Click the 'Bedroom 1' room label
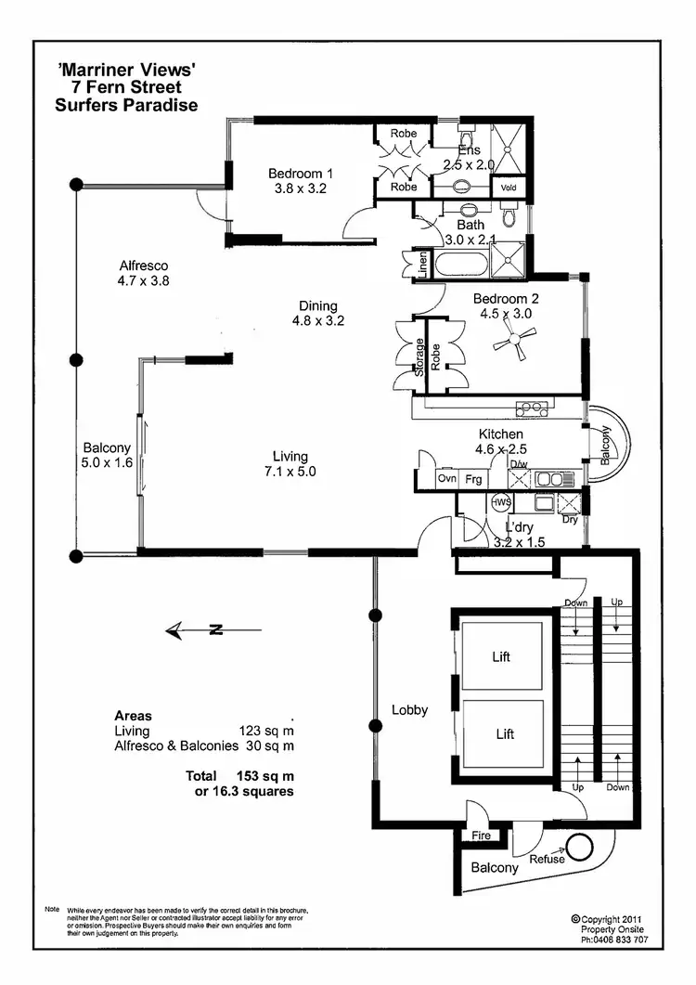(301, 174)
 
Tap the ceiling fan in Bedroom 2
(511, 344)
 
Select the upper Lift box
(501, 656)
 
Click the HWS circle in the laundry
(502, 502)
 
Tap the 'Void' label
(508, 187)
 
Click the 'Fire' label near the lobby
(481, 836)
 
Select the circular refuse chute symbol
(583, 847)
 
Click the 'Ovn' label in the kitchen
(447, 480)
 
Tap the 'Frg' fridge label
(473, 480)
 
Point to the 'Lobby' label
(409, 710)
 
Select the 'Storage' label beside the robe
(420, 356)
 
